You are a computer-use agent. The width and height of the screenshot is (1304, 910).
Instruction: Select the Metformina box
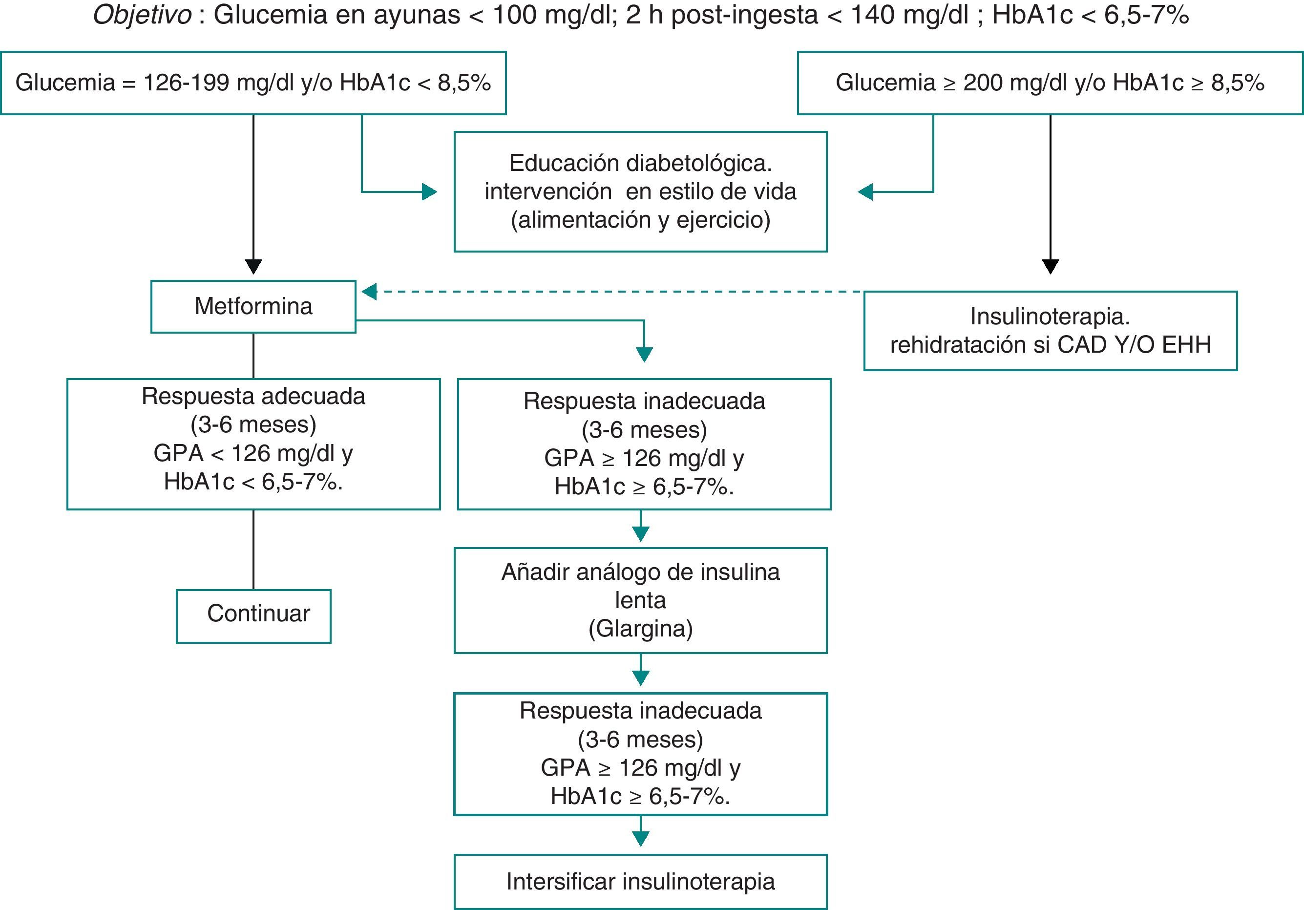[253, 306]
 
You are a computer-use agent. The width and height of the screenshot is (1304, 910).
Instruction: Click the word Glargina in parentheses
[641, 629]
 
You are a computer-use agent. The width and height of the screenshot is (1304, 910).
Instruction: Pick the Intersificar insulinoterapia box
[640, 882]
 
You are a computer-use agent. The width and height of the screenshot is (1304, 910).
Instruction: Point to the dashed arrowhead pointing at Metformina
[369, 292]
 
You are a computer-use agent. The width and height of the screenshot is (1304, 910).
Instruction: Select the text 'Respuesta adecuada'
[253, 397]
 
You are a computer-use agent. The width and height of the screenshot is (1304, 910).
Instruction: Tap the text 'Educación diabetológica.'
[640, 164]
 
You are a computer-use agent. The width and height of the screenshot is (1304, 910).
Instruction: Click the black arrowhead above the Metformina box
[253, 266]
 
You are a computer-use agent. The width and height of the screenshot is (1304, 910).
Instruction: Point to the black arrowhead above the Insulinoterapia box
[1050, 266]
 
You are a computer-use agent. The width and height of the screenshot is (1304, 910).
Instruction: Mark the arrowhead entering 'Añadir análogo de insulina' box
[641, 534]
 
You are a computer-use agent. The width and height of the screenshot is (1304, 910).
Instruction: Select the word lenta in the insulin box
[640, 600]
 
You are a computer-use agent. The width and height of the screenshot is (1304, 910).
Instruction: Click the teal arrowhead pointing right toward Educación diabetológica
[429, 192]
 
